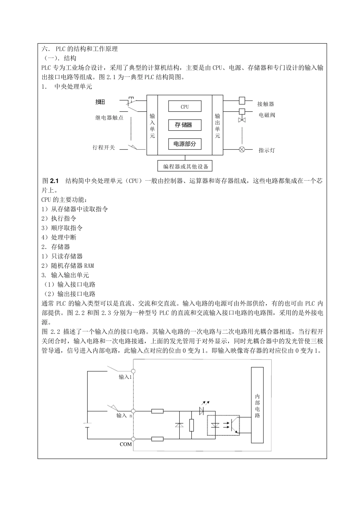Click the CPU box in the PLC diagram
pyautogui.click(x=185, y=106)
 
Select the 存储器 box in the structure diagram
pyautogui.click(x=185, y=125)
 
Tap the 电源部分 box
pyautogui.click(x=185, y=144)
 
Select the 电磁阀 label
pyautogui.click(x=267, y=115)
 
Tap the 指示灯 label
pyautogui.click(x=267, y=150)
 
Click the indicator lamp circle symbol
pyautogui.click(x=242, y=149)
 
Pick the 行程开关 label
pyautogui.click(x=104, y=147)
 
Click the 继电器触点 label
pyautogui.click(x=109, y=118)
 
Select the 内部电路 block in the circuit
pyautogui.click(x=257, y=405)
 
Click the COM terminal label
pyautogui.click(x=126, y=444)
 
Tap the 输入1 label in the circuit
pyautogui.click(x=125, y=377)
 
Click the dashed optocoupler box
pyautogui.click(x=223, y=425)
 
